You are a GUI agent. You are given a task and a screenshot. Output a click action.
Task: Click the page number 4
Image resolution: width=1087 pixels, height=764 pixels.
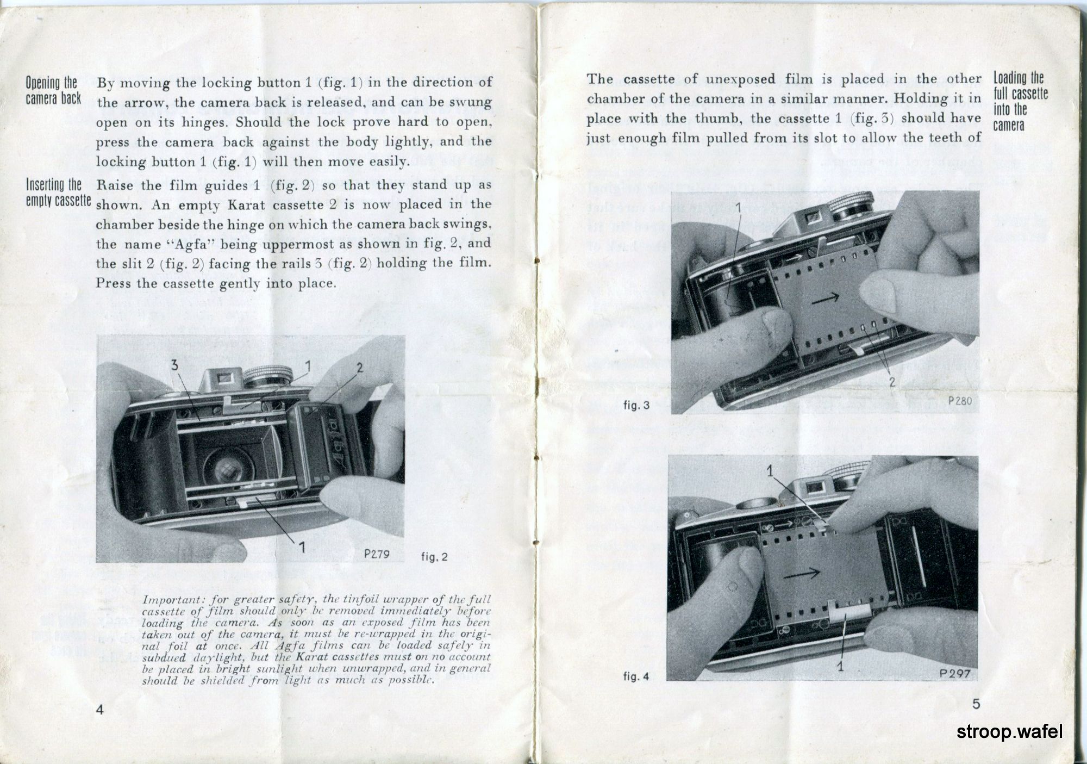pyautogui.click(x=99, y=710)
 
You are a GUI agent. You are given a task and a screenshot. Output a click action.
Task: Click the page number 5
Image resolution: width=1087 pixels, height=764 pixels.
pyautogui.click(x=976, y=704)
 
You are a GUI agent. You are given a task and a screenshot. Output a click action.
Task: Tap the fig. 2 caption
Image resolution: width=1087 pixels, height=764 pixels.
pyautogui.click(x=434, y=557)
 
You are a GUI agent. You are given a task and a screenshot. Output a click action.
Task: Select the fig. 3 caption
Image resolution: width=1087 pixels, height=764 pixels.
pyautogui.click(x=636, y=405)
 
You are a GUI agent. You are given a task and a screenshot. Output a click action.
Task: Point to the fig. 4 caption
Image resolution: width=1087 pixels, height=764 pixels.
pyautogui.click(x=636, y=677)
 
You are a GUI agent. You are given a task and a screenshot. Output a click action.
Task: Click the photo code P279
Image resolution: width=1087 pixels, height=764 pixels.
pyautogui.click(x=378, y=555)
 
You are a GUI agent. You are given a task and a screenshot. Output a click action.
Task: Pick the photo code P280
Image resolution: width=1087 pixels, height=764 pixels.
pyautogui.click(x=959, y=401)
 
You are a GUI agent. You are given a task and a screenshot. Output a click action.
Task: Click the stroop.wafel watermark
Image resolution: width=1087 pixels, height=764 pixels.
pyautogui.click(x=1009, y=732)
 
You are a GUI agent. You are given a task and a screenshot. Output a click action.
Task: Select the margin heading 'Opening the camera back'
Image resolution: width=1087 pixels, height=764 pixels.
pyautogui.click(x=53, y=91)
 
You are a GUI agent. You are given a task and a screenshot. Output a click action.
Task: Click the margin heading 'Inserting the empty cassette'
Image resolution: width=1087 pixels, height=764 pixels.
pyautogui.click(x=58, y=192)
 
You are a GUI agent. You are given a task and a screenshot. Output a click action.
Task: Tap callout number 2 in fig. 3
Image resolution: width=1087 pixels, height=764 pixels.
pyautogui.click(x=892, y=382)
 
